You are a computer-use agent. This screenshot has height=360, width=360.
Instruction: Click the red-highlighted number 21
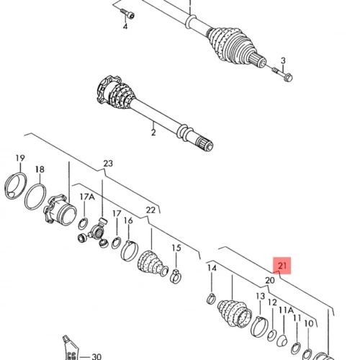[282, 266]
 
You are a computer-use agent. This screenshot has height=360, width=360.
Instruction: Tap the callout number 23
[108, 163]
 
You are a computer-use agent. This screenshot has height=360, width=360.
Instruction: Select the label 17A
[87, 197]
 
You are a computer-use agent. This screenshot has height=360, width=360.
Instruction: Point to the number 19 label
[20, 158]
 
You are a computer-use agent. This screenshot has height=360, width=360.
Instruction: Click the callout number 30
[96, 356]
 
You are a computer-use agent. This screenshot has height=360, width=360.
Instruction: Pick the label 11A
[287, 310]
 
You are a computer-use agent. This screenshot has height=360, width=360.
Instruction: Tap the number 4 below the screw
[125, 27]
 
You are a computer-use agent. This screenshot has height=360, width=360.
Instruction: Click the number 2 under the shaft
[153, 132]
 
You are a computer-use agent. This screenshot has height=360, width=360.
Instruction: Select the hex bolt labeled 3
[283, 74]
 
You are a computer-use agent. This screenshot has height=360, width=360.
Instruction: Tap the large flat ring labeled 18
[35, 197]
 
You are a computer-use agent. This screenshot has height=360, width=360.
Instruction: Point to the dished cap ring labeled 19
[16, 186]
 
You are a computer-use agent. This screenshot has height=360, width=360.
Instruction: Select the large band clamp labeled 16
[130, 251]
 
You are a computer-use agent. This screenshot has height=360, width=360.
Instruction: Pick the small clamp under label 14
[211, 299]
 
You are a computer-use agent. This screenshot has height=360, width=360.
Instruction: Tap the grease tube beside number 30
[71, 348]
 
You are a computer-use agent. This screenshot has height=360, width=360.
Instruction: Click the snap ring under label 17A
[83, 224]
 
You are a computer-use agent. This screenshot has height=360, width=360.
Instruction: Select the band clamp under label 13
[259, 327]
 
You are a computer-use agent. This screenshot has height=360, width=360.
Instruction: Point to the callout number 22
[150, 210]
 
